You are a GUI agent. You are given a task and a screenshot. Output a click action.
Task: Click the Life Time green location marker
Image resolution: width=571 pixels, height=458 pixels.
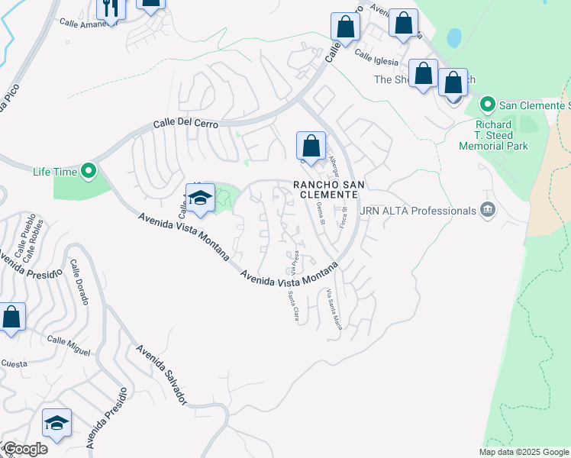point(89,172)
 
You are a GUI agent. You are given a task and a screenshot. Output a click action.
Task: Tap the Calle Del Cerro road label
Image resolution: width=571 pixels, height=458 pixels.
point(185,123)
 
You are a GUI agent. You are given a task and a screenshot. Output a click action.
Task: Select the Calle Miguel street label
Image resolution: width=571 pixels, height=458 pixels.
point(69,344)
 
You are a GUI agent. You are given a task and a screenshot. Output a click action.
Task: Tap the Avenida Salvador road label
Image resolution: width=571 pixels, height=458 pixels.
point(161,374)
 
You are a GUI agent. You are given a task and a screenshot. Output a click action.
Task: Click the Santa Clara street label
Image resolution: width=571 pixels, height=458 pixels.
point(292,307)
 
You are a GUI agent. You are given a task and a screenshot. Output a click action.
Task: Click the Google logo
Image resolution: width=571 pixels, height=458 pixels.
point(25,449)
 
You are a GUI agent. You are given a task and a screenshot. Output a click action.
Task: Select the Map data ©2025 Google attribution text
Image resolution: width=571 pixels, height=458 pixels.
point(523,452)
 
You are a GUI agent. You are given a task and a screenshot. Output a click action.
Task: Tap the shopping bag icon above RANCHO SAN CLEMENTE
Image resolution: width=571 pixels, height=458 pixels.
point(311,144)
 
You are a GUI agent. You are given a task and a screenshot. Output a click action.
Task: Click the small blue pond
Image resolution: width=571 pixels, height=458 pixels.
point(454,37)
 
